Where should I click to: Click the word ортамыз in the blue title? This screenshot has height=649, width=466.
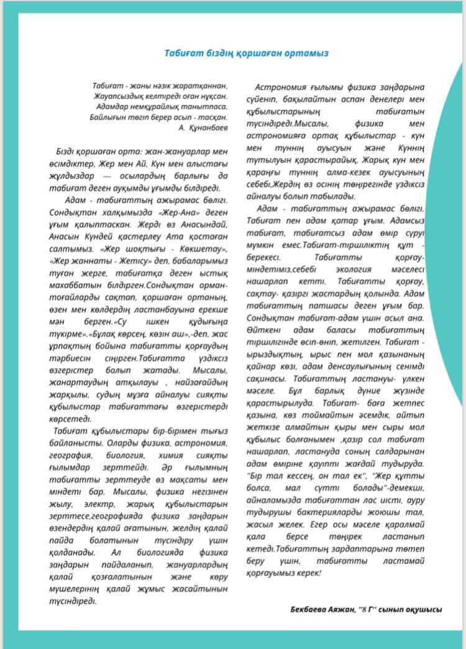pos(304,53)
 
